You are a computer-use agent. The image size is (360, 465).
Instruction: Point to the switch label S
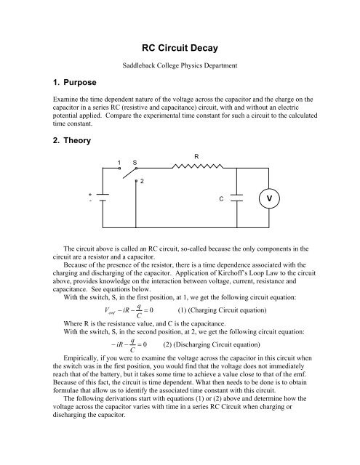[x=134, y=161]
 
